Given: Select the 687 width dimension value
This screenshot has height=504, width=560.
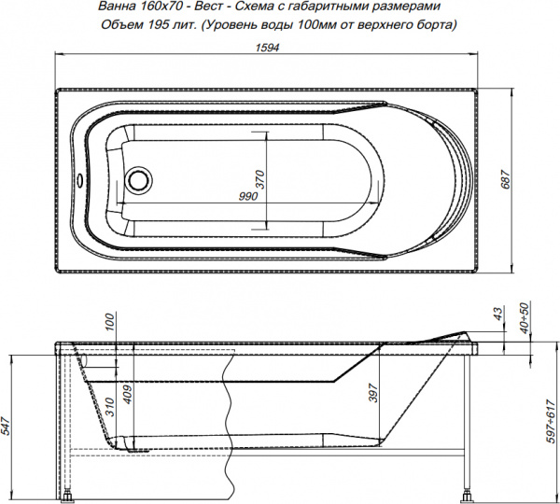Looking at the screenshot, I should pyautogui.click(x=505, y=182).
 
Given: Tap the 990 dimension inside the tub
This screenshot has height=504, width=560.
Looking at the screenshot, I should pyautogui.click(x=247, y=196).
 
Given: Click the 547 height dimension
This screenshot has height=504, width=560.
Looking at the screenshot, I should pyautogui.click(x=8, y=427).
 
